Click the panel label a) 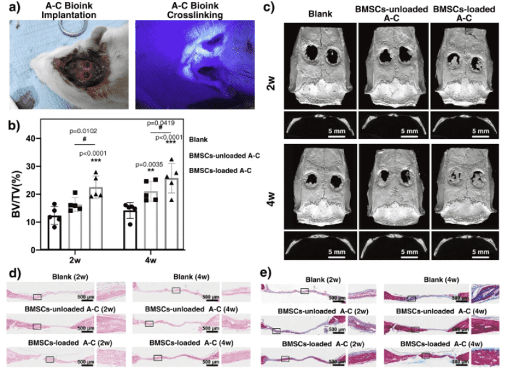(x=12, y=8)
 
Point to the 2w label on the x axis (x=75, y=260)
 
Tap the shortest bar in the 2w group (x=55, y=232)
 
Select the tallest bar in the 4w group (x=171, y=213)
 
